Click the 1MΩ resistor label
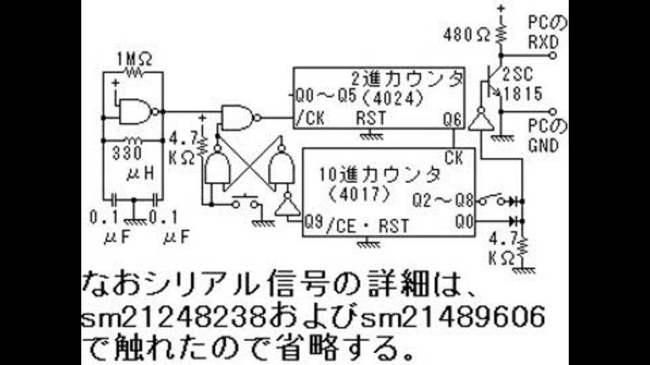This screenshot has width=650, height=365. click(134, 60)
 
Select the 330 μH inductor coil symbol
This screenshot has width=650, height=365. click(133, 141)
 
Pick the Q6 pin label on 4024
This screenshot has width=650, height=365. click(452, 120)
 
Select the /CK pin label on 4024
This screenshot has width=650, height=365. click(310, 119)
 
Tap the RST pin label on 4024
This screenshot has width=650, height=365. click(371, 118)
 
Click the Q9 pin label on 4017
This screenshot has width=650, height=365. click(313, 222)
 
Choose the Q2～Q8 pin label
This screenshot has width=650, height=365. click(443, 201)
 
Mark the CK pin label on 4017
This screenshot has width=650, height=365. click(454, 157)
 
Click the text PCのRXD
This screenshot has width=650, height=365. click(546, 32)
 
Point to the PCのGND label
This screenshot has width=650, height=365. click(547, 137)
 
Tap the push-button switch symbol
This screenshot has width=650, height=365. click(245, 201)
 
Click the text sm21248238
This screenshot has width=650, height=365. click(174, 318)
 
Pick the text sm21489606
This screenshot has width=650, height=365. click(452, 318)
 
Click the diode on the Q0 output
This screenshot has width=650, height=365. click(515, 222)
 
